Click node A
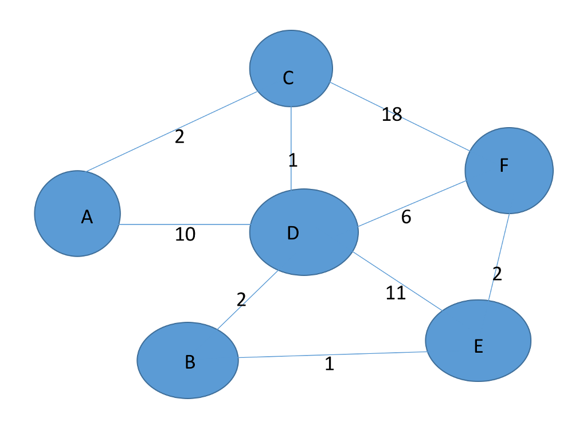(77, 213)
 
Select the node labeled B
(187, 360)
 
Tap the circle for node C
(291, 69)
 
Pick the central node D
(304, 232)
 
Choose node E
(478, 340)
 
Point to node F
(509, 171)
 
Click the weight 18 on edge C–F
(392, 115)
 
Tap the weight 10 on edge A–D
(185, 234)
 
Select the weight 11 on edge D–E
(396, 293)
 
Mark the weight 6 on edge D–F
(406, 218)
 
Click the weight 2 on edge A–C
(179, 137)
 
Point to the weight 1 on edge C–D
(293, 160)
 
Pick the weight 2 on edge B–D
(241, 299)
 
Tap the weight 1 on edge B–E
(329, 364)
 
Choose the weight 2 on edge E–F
(497, 274)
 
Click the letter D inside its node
(293, 233)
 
